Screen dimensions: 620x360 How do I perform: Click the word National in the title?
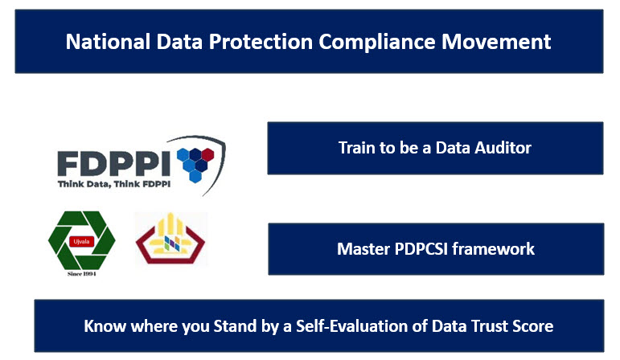108,42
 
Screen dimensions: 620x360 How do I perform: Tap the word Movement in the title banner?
496,42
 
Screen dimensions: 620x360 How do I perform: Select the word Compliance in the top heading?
377,42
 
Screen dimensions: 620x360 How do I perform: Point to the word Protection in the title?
261,42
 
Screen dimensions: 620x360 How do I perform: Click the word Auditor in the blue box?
503,148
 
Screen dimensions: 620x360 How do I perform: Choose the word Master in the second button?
363,249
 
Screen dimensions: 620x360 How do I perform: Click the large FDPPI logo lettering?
114,164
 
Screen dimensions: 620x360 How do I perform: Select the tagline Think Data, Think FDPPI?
114,184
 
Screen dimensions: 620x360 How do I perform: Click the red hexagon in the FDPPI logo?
208,154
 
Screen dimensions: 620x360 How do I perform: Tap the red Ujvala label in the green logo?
81,241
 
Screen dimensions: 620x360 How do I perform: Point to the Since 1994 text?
81,274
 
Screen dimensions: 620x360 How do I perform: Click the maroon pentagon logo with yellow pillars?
170,239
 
